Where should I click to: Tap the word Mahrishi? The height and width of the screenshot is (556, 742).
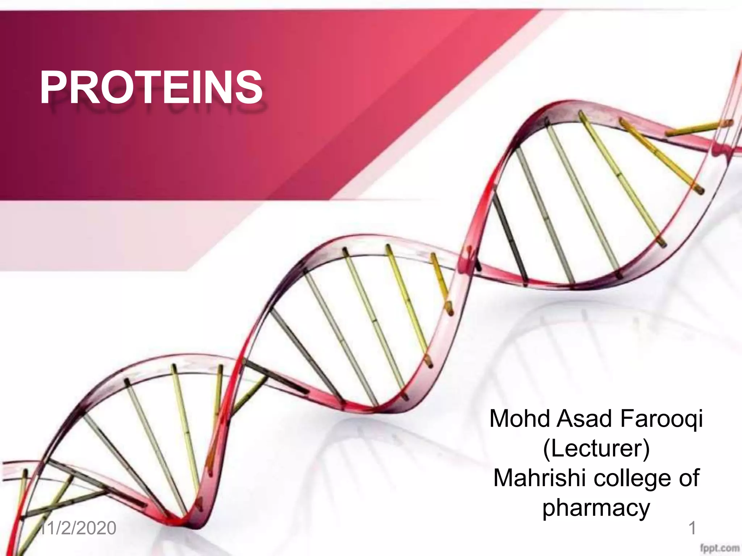[x=541, y=478]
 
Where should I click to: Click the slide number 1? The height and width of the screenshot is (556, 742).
[x=692, y=528]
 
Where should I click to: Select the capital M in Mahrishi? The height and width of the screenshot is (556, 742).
[x=504, y=478]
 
